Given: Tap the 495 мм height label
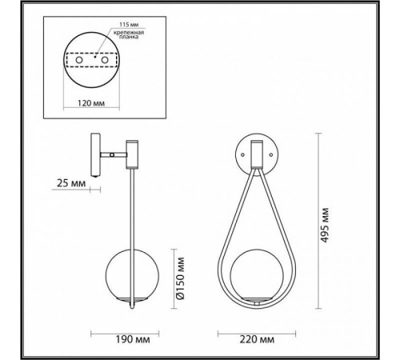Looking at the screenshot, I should (323, 225).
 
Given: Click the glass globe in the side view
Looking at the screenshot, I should (130, 274).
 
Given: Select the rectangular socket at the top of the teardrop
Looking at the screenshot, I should (257, 152).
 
